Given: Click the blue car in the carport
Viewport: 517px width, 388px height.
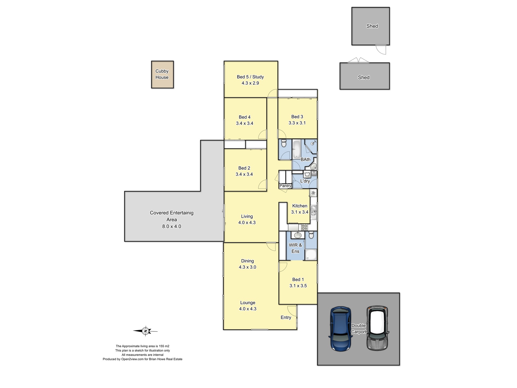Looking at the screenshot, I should click(340, 329).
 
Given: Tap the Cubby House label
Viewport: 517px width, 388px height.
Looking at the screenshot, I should click(162, 74).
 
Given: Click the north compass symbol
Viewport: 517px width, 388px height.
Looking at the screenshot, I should click(145, 331).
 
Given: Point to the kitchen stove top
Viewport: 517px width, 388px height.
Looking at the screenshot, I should click(304, 227).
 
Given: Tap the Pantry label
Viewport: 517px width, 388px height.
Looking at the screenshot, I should click(285, 186).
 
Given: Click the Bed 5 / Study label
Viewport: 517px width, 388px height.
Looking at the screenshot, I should click(250, 77).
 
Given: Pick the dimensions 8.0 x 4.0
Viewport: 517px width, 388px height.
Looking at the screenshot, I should click(172, 226).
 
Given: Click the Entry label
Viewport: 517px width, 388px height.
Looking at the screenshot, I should click(286, 317).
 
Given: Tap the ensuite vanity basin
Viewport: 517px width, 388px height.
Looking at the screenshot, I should click(298, 235).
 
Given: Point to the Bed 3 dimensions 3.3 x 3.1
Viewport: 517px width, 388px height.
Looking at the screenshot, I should click(297, 123).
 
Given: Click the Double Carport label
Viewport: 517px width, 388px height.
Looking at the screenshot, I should click(358, 329).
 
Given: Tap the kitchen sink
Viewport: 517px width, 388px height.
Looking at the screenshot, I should click(313, 212).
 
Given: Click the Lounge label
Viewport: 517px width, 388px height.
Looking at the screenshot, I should click(247, 303).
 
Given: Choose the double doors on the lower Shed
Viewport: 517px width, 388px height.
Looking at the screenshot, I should click(358, 60).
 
